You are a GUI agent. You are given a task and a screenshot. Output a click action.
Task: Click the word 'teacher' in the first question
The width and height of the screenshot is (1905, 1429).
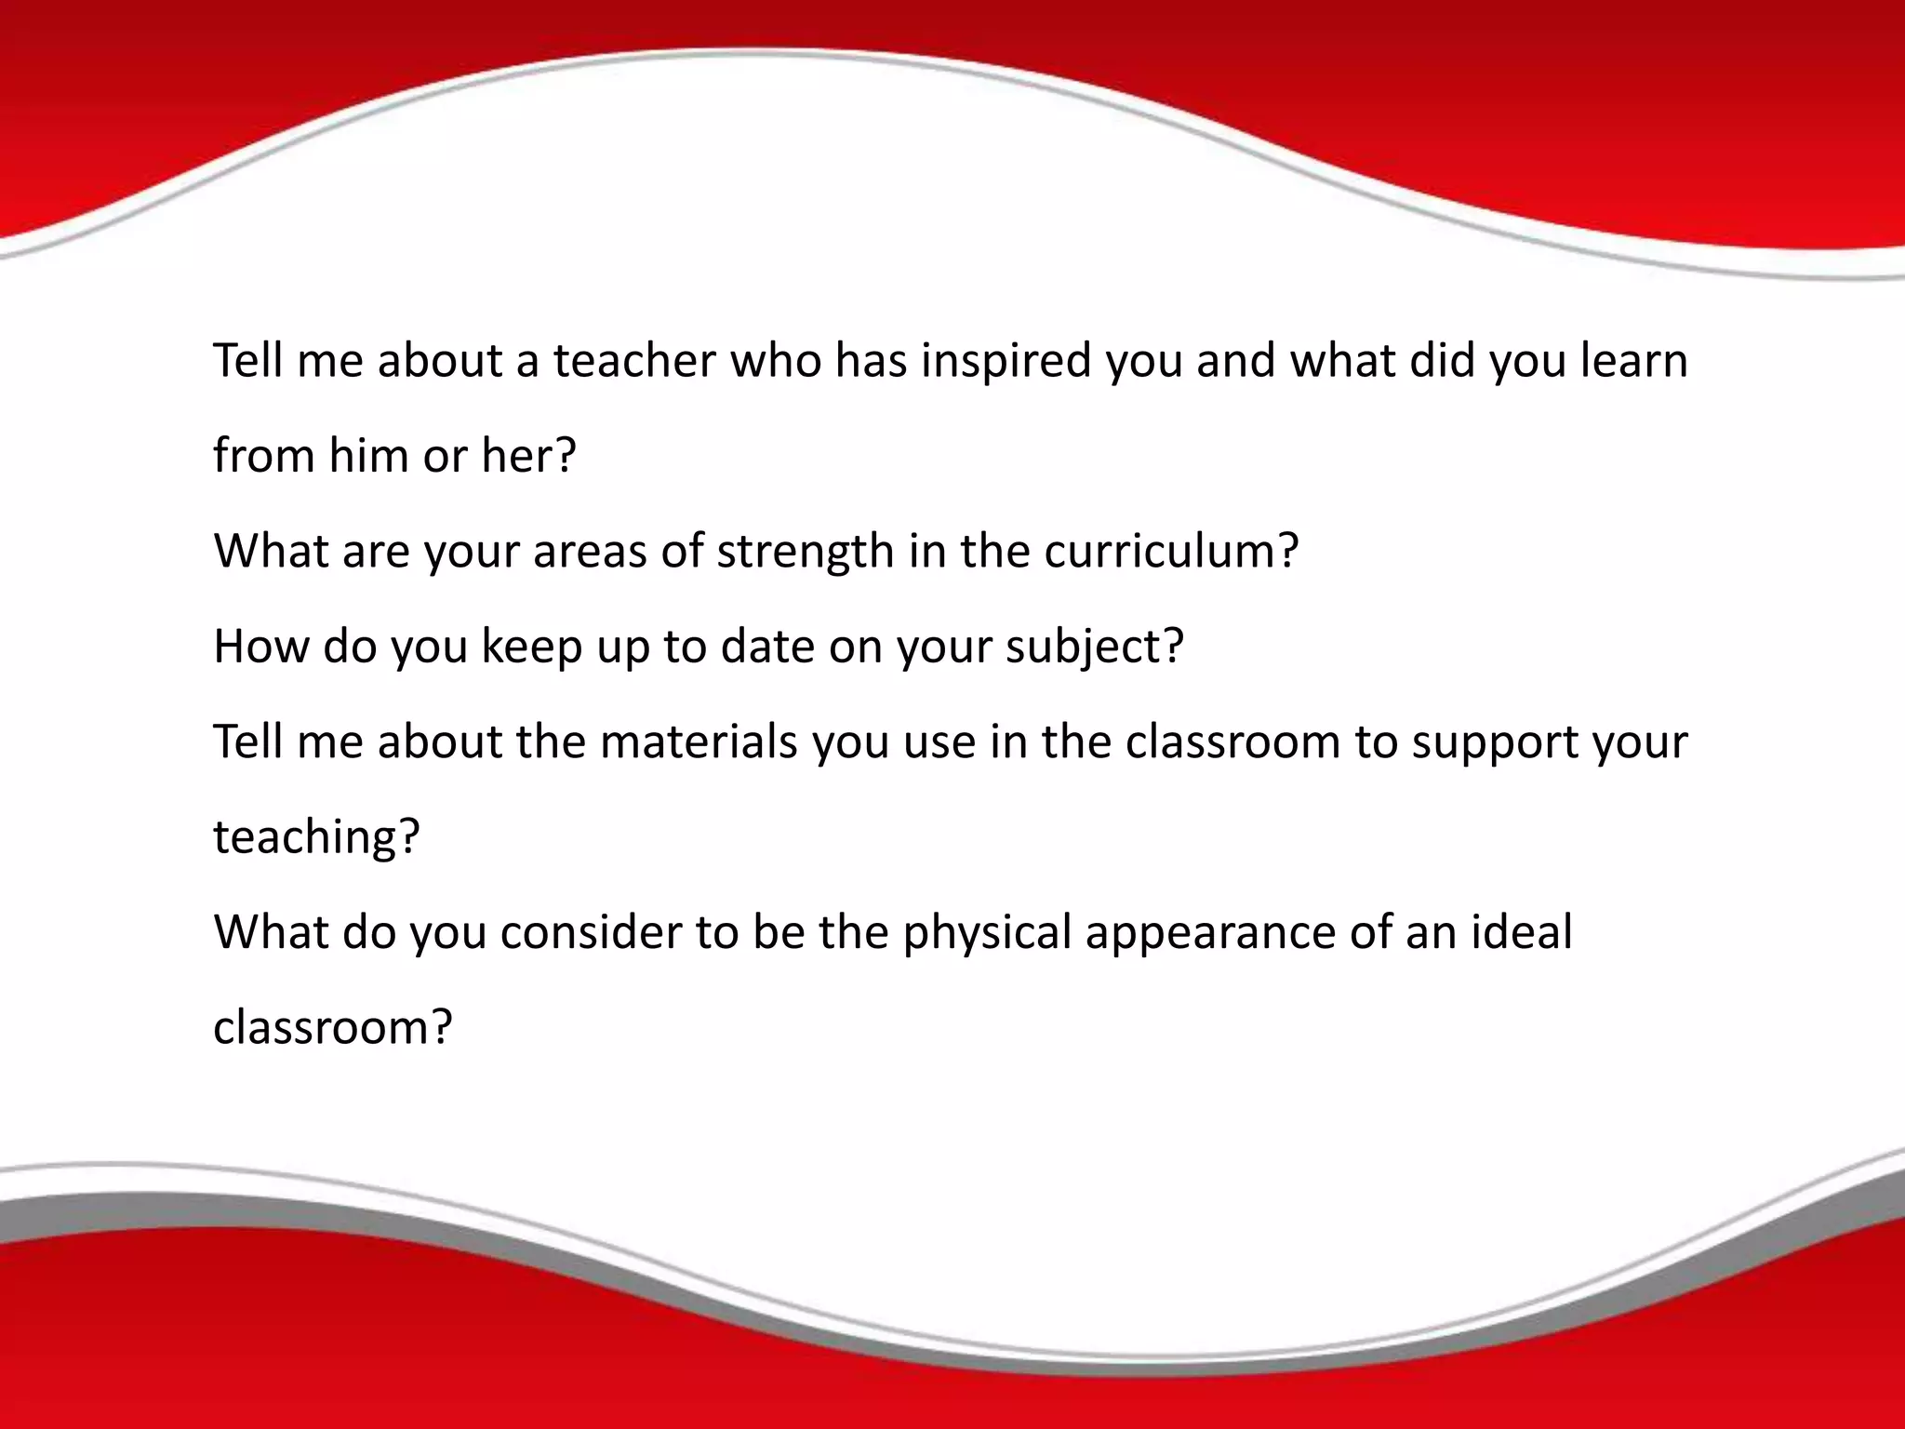click(634, 360)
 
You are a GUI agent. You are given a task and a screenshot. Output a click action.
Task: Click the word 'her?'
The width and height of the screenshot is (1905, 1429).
click(528, 456)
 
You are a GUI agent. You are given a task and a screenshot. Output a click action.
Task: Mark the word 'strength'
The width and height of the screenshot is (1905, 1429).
click(805, 553)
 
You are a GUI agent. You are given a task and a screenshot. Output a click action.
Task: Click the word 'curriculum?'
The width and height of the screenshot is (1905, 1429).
click(1171, 551)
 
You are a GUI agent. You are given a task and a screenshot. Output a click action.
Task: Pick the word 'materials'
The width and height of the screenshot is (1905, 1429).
click(699, 741)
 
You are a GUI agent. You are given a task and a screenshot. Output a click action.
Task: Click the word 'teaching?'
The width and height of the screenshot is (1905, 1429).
click(317, 838)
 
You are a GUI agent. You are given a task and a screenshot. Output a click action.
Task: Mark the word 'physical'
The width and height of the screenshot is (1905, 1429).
click(987, 934)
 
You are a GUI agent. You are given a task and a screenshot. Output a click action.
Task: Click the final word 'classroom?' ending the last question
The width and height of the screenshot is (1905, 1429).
click(332, 1028)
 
